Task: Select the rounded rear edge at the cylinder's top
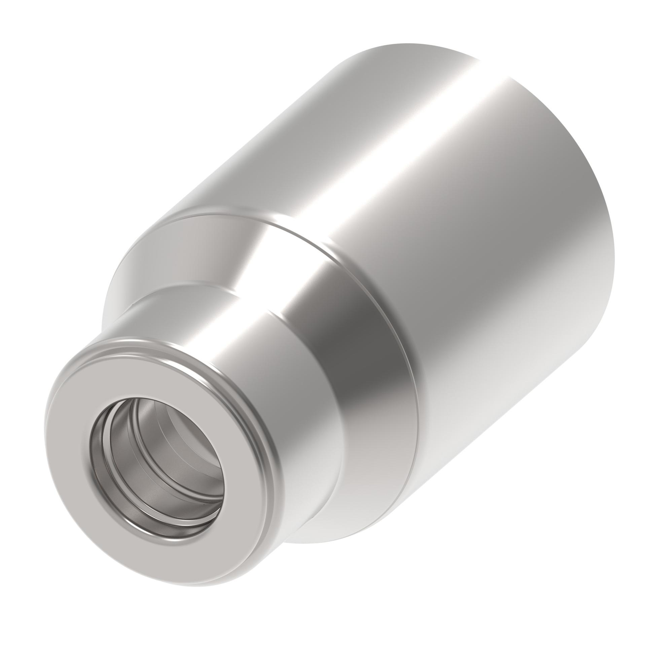click(404, 50)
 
